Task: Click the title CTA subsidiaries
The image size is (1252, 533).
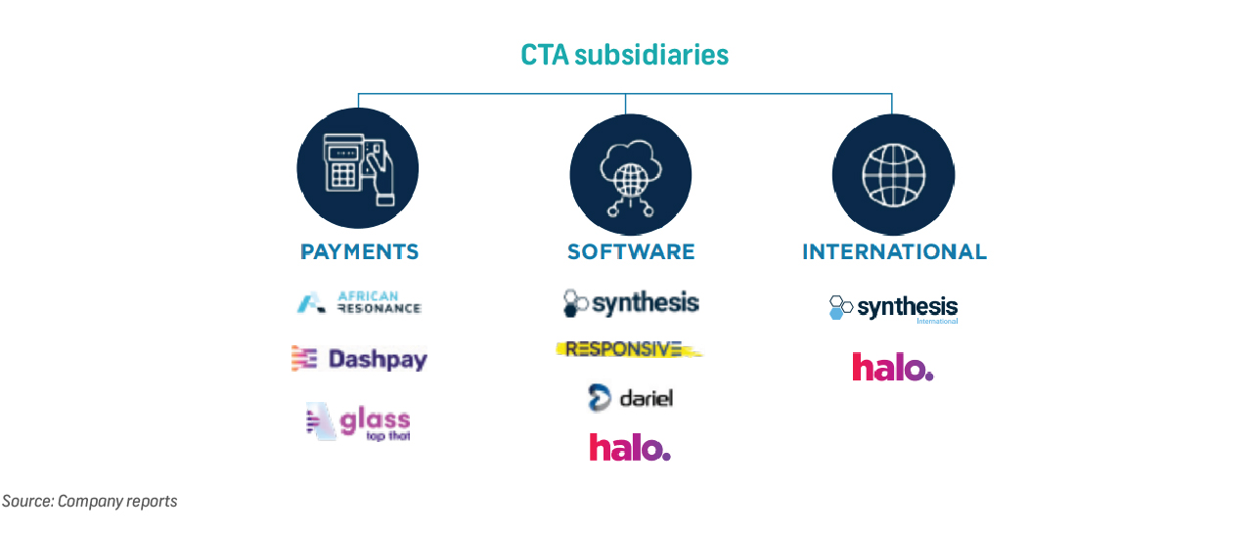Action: coord(624,54)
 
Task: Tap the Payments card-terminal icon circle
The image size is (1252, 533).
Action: coord(358,168)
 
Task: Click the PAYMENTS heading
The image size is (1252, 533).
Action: coord(359,252)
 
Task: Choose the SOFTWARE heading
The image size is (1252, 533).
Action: coord(631,252)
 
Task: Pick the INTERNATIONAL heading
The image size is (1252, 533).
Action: coord(894,252)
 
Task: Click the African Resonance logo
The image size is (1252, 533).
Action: coord(359,303)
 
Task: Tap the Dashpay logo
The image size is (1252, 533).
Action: coord(359,359)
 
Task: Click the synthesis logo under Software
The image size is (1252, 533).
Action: coord(631,302)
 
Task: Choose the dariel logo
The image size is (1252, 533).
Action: coord(630,397)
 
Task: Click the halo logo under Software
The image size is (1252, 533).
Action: coord(629,447)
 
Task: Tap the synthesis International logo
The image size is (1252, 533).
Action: coord(893,308)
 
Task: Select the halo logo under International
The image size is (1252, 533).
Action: coord(892,367)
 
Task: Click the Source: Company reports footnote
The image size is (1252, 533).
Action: coord(90,502)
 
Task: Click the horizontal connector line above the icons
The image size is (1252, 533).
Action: coord(489,94)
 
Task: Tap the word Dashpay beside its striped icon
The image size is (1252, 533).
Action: coord(378,359)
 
